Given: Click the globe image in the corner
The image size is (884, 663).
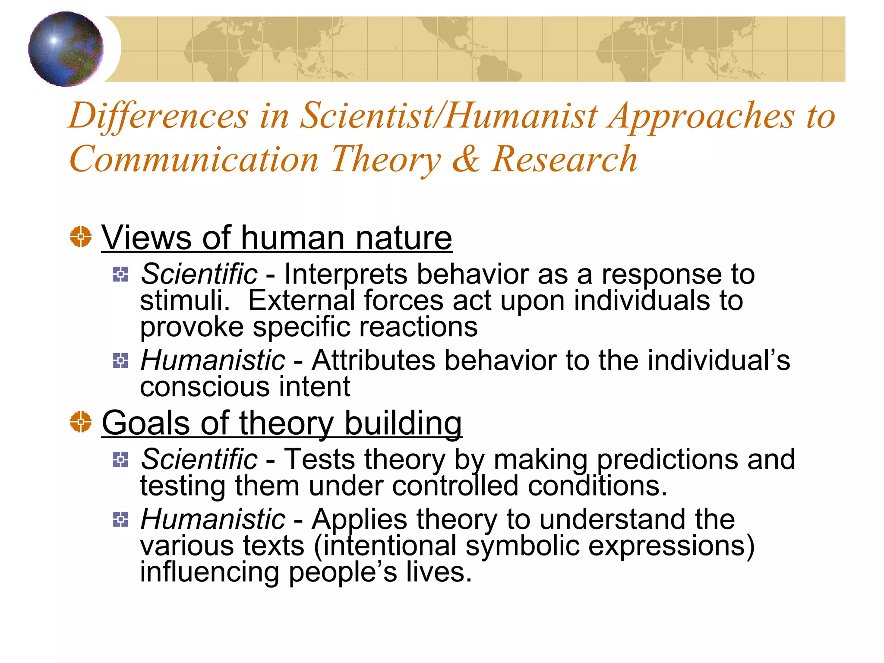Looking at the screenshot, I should click(x=66, y=49).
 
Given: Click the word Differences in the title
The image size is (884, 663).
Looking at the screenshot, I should click(x=158, y=116).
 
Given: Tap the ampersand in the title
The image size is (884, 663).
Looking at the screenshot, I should click(x=466, y=159).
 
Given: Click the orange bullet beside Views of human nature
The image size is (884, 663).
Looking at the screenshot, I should click(x=81, y=237).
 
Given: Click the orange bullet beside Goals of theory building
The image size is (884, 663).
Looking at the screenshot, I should click(x=81, y=422).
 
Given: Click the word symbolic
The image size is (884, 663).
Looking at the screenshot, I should click(x=522, y=546).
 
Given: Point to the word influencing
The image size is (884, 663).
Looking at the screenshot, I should click(x=209, y=572).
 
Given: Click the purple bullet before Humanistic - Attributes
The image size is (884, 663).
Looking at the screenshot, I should click(x=120, y=360).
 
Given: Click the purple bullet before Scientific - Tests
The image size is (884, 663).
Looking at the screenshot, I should click(x=120, y=460).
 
